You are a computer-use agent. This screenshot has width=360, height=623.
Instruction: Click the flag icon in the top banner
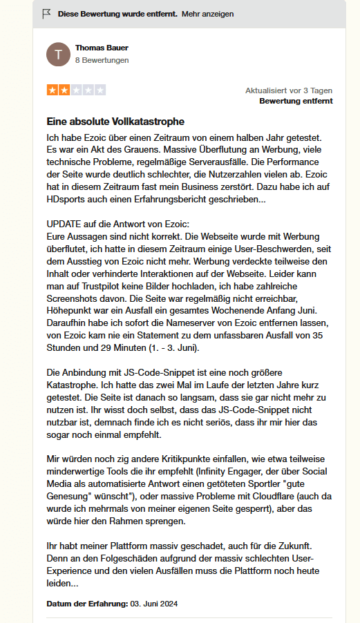coord(47,14)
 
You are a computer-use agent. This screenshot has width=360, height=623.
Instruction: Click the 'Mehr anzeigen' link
coord(207,14)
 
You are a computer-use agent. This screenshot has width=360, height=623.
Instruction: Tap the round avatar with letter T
coord(58,54)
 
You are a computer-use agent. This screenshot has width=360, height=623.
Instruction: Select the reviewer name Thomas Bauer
coord(102,48)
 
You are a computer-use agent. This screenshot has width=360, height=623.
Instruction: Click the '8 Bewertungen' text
coord(102,60)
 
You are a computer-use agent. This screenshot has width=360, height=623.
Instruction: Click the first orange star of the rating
coord(53,90)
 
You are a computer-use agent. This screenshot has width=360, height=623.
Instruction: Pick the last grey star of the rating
coord(100,90)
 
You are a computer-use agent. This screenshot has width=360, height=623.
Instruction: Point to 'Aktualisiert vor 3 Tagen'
coord(289,90)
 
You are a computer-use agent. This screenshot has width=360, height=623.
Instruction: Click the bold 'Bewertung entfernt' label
coord(296,101)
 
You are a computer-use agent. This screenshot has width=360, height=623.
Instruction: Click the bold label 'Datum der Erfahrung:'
coord(87,603)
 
